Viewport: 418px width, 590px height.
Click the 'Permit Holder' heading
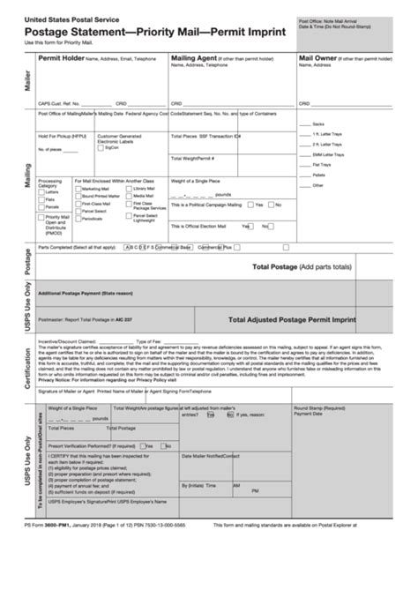pyautogui.click(x=61, y=56)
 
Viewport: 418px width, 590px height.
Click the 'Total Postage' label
pyautogui.click(x=274, y=266)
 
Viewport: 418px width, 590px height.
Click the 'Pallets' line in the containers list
pyautogui.click(x=317, y=174)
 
